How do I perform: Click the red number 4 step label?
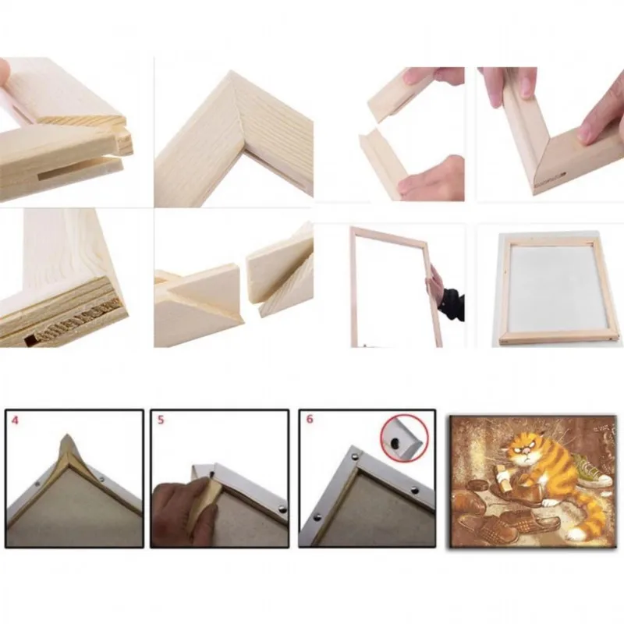[13, 419]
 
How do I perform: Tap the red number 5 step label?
[161, 419]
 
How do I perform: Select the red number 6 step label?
[309, 419]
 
